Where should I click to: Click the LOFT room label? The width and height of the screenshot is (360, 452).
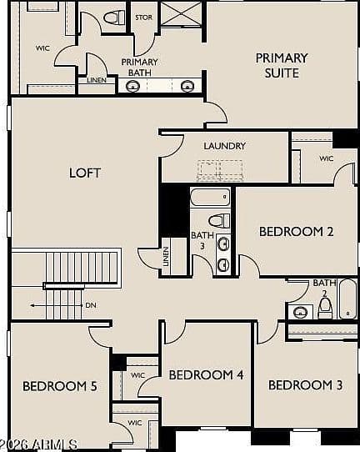[85, 173]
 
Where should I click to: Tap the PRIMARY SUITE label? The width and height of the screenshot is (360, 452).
[282, 65]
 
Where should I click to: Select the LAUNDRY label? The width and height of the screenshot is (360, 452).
[225, 146]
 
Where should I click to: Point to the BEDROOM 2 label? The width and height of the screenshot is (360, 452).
[297, 232]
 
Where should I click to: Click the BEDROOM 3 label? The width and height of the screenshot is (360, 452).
[305, 385]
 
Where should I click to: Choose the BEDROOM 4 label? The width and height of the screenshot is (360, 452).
[206, 374]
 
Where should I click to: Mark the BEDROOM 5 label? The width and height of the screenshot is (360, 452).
[60, 386]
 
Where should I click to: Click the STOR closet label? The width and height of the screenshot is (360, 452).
[143, 18]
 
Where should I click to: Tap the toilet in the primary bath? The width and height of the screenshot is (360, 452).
[114, 18]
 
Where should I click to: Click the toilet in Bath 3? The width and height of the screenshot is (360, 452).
[219, 221]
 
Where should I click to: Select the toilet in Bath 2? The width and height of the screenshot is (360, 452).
[325, 308]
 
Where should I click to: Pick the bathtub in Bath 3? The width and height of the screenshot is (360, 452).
[210, 197]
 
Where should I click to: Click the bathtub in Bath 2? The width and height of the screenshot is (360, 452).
[347, 299]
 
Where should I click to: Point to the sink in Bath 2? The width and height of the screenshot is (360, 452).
[300, 312]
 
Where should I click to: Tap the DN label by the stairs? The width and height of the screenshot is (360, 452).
[91, 305]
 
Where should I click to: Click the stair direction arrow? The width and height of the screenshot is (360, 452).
[56, 305]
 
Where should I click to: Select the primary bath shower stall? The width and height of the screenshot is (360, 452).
[181, 13]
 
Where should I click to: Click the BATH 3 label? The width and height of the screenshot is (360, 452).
[202, 240]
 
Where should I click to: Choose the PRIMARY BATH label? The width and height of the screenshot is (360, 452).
[140, 68]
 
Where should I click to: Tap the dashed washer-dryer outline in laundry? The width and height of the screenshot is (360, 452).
[220, 171]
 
